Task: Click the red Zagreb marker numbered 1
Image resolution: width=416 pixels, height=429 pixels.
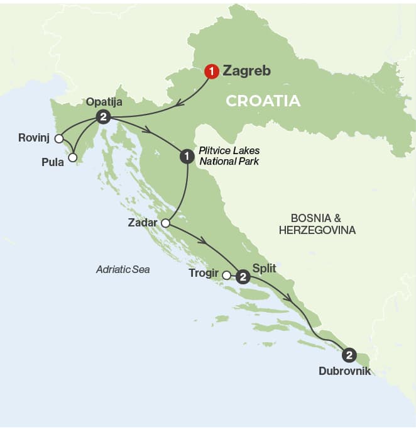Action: coord(212,71)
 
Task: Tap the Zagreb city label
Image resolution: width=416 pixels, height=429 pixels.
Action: coord(246,71)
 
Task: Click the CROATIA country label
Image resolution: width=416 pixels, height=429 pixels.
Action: coord(263,101)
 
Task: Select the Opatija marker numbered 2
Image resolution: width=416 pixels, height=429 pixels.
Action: coord(103,117)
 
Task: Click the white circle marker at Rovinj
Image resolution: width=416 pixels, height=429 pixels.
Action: coord(59,138)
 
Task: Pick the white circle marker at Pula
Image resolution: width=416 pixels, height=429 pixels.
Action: coord(73,157)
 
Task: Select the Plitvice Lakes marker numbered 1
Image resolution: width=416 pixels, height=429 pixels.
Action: coord(186,156)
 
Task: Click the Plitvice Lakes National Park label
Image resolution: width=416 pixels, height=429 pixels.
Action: coord(229,156)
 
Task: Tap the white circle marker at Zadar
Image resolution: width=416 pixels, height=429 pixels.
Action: coord(166,223)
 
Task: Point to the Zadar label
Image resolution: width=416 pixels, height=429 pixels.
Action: coord(142,223)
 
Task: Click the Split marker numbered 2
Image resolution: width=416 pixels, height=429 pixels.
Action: coord(243,275)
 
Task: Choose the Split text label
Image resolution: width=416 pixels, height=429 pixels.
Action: coord(263,268)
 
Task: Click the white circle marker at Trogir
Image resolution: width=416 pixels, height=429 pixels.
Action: coord(227,274)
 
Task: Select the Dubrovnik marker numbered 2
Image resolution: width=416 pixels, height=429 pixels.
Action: coord(350,354)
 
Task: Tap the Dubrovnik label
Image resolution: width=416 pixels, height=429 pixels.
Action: coord(345,372)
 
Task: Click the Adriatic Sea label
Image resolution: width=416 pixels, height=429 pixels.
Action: coord(123,269)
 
